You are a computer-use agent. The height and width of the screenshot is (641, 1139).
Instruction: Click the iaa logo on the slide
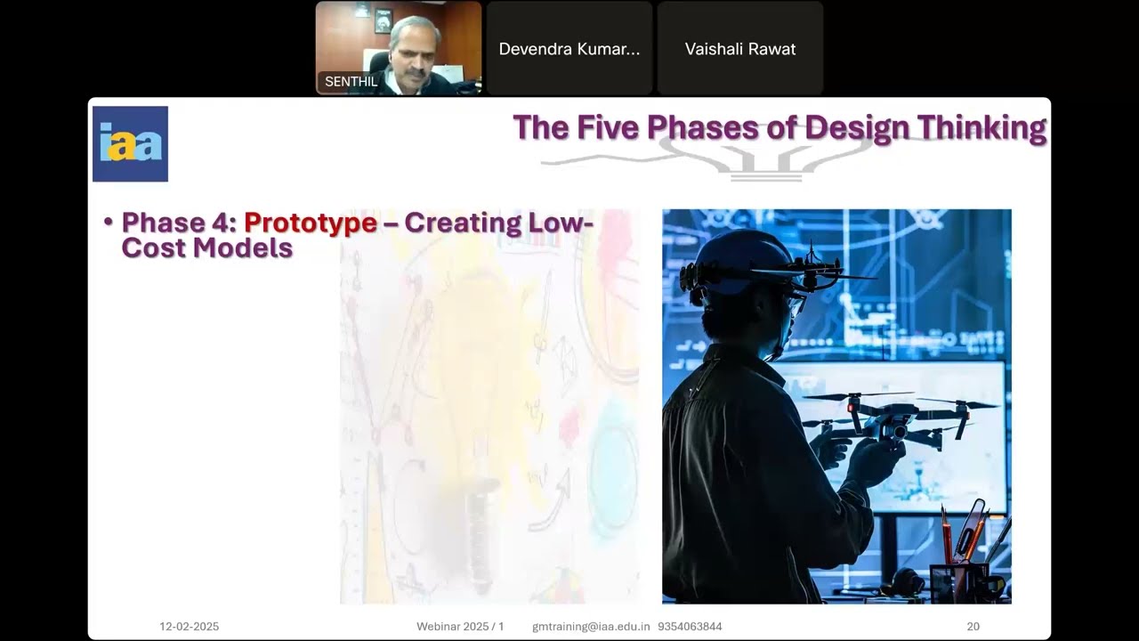point(130,144)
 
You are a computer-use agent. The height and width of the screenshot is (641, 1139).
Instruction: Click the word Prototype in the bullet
point(310,223)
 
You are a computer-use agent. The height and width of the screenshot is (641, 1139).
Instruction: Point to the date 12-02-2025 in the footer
point(189,627)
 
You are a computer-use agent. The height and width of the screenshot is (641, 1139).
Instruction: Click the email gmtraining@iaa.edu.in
point(591,627)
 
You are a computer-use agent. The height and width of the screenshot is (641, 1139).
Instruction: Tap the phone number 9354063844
point(690,627)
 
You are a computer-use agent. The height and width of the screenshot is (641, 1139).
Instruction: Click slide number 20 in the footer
point(973,627)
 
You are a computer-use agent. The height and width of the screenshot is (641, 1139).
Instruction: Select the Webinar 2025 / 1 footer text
point(460,627)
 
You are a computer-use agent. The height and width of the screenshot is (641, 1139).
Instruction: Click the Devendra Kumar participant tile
point(569,49)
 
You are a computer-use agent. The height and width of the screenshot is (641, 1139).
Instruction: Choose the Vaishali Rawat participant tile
point(740,49)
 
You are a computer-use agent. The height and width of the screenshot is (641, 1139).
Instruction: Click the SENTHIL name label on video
point(351,82)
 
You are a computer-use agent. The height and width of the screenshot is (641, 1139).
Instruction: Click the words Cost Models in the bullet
point(206,247)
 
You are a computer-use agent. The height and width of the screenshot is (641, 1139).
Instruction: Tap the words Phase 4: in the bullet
point(179,223)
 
